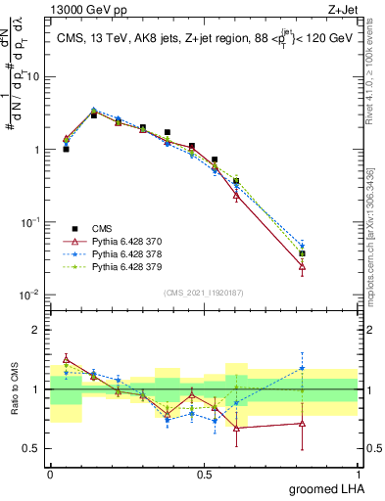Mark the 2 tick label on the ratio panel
pos(38,330)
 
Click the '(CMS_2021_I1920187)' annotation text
pos(204,293)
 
